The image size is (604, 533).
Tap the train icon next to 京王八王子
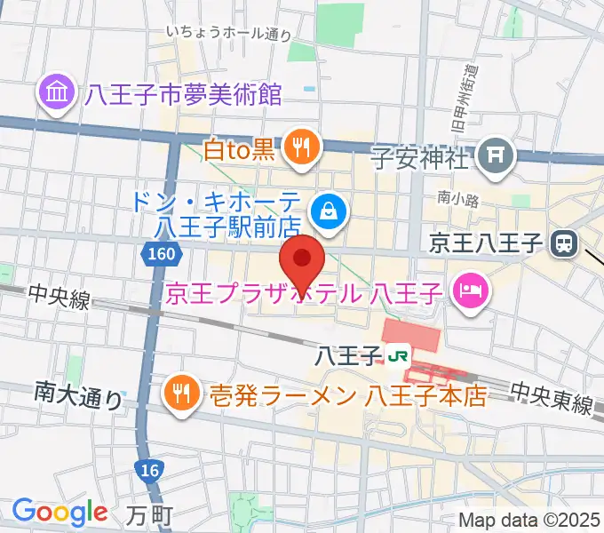562,242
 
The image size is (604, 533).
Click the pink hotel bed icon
467,290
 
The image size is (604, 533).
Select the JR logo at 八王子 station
398,355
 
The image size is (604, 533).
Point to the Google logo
59,512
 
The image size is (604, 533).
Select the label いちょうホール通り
228,34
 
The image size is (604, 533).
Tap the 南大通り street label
79,394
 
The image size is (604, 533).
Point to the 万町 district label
147,514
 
